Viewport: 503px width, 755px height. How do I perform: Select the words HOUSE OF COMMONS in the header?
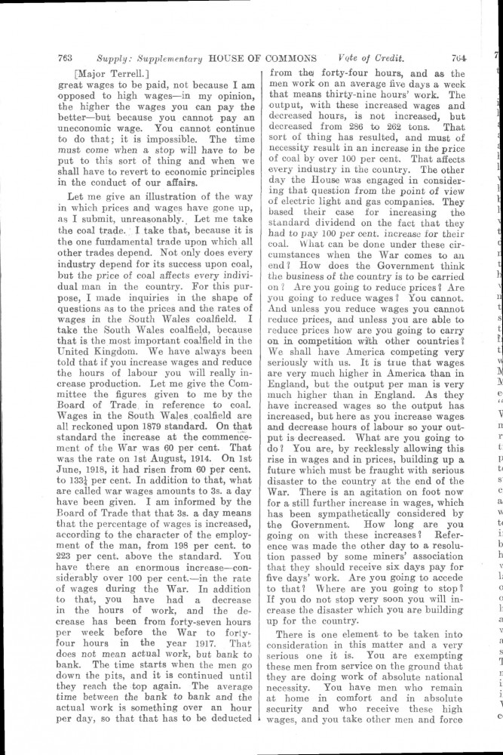(x=256, y=57)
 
